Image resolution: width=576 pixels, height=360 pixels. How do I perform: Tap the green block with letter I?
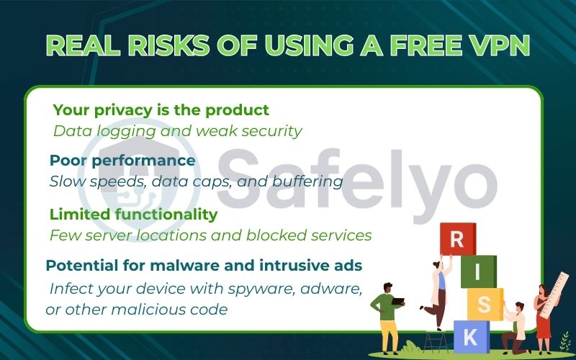(478, 271)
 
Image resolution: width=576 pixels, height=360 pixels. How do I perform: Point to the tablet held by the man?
(397, 301)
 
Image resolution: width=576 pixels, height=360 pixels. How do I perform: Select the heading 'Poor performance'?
(122, 160)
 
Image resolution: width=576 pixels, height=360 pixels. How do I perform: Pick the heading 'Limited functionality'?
(133, 214)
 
